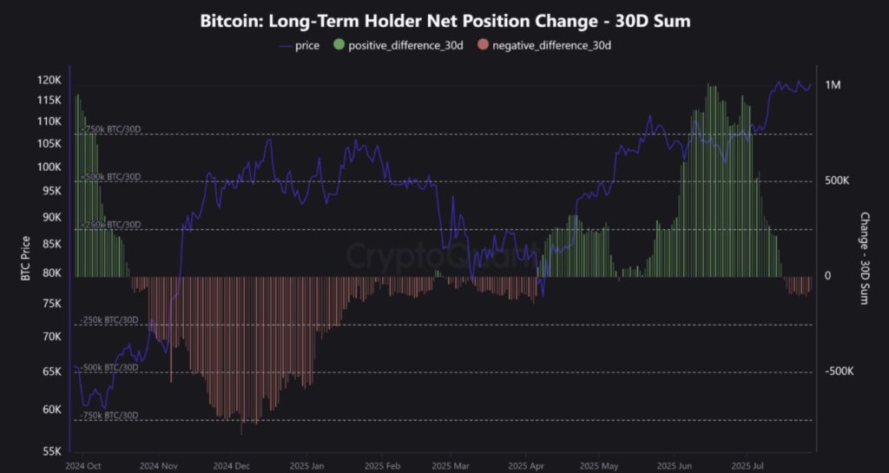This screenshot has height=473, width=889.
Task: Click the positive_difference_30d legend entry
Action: pos(405,44)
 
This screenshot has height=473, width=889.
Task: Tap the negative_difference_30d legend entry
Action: pos(551,44)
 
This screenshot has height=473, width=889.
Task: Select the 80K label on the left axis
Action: pos(51,272)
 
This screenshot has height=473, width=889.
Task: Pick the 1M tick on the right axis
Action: pos(833,85)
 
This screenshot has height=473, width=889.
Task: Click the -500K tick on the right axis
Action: pos(839,371)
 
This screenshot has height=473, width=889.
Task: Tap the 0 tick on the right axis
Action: pos(827,276)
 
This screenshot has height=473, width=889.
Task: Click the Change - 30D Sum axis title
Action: pos(864,258)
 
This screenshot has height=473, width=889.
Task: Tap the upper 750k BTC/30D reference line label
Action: pos(110,129)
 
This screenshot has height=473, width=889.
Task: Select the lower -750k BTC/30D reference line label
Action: pos(110,415)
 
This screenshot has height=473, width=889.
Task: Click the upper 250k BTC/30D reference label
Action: pos(110,225)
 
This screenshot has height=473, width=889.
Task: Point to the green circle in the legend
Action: pos(338,44)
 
